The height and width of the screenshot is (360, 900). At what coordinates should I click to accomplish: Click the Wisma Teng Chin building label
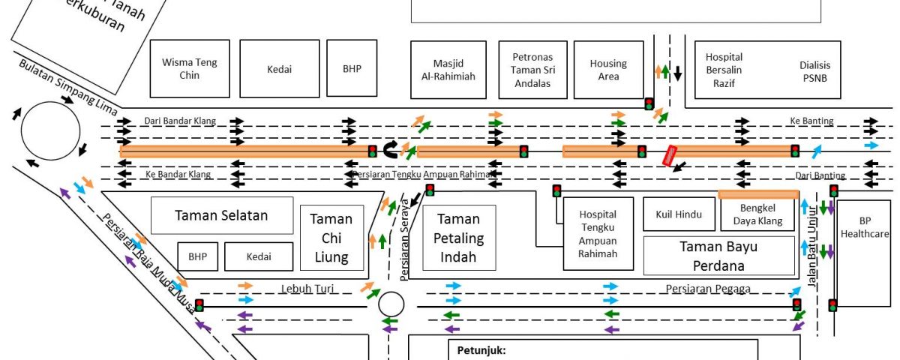point(190,68)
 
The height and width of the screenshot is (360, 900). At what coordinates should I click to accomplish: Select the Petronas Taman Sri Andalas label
point(532,70)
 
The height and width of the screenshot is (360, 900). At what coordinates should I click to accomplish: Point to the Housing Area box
point(608,70)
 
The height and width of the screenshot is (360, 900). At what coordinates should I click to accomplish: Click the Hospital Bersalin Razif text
point(724,70)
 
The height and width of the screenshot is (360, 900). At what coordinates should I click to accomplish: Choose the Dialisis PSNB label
point(815,70)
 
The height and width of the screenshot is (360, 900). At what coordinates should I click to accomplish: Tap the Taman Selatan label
point(221,215)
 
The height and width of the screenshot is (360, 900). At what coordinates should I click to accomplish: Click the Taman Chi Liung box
point(331,238)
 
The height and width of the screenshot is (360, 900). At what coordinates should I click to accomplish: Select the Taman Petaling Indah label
point(459,238)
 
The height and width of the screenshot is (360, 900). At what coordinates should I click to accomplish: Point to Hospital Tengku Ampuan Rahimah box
point(598,233)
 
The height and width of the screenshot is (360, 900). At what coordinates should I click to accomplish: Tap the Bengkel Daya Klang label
point(758,214)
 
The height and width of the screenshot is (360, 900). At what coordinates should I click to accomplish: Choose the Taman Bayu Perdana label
point(718,256)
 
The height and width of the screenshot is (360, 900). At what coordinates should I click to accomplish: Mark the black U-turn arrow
point(390,149)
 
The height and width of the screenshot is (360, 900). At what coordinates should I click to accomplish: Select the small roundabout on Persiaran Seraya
point(391,304)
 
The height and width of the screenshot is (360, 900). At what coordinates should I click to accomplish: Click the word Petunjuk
point(481,349)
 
